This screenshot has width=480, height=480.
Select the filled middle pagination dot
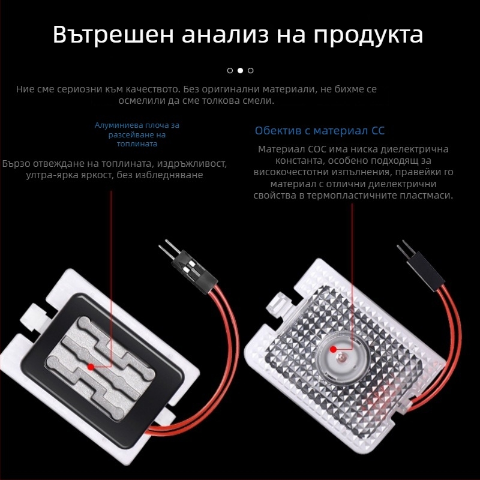point(241,71)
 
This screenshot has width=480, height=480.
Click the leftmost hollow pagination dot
point(230,71)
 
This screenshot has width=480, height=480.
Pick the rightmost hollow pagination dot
point(251,71)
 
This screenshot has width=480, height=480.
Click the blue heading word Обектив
point(278,131)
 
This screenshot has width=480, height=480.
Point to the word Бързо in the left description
point(16,164)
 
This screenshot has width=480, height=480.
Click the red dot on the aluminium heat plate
point(91,367)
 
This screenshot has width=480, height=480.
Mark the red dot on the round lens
point(334,349)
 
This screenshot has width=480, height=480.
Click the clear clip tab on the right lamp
point(278,302)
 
